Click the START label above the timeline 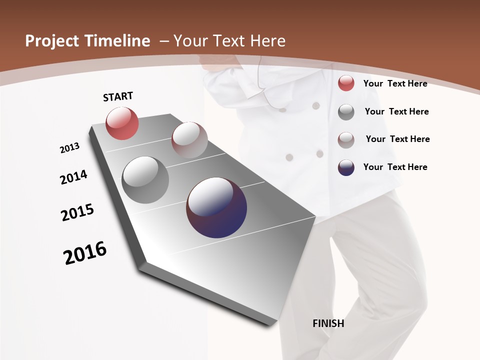pos(118,96)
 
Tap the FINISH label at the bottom pos(328,323)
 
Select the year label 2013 pos(69,148)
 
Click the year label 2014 pos(73,177)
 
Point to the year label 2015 pos(77,212)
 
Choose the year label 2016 pos(85,253)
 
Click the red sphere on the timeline pos(122,123)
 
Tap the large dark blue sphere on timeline pos(216,207)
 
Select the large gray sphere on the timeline pos(145,180)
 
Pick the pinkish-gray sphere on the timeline pos(189,140)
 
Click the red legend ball pos(346,83)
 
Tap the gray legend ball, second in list pos(346,112)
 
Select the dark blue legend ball pos(346,167)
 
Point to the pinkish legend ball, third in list pos(346,139)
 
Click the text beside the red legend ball pos(395,83)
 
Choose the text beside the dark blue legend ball pos(395,167)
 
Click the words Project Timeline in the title pos(87,41)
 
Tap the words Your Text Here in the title pos(229,41)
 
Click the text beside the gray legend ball pos(396,111)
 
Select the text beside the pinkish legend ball pos(397,139)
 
